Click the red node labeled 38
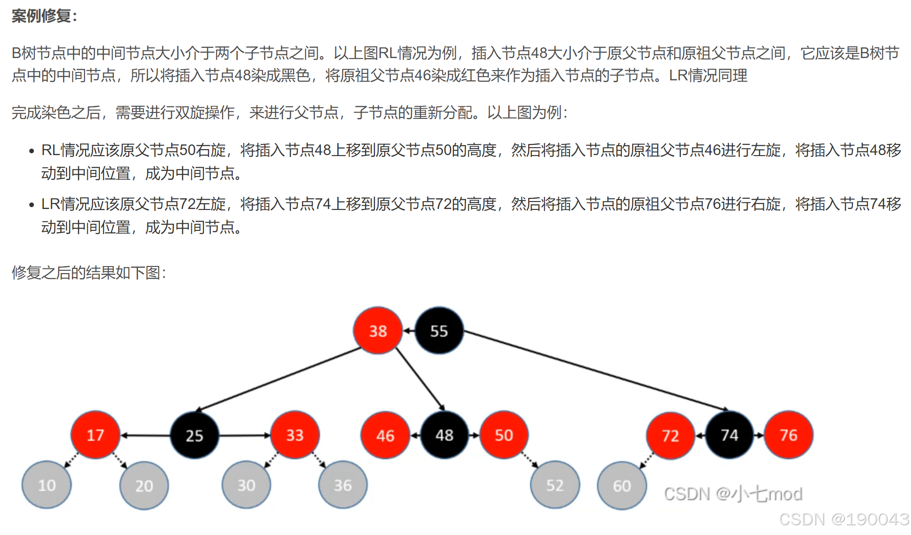pos(378,331)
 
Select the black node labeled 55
pos(439,331)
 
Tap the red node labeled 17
pos(95,435)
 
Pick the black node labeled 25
pos(194,436)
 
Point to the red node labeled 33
pos(295,435)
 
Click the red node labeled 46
pos(385,436)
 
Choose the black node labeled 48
pos(445,435)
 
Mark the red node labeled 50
pos(504,435)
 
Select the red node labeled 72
pos(670,436)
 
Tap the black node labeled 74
pos(729,435)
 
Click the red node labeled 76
pos(788,435)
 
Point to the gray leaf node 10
pos(46,485)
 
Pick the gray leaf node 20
pos(144,486)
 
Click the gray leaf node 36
pos(343,485)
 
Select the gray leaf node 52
pos(555,485)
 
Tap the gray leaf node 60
pos(622,486)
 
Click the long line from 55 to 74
pos(595,370)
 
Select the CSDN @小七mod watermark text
pos(733,494)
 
